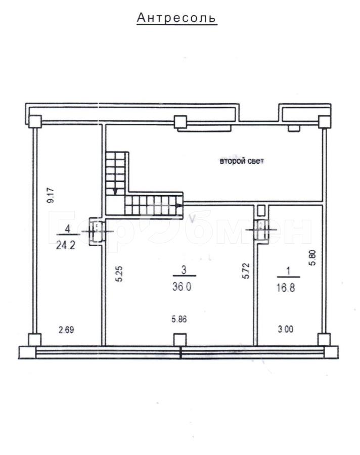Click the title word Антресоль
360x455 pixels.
pyautogui.click(x=177, y=18)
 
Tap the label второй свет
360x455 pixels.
pyautogui.click(x=242, y=161)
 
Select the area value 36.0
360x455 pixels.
pyautogui.click(x=182, y=287)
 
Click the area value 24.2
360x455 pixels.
pyautogui.click(x=66, y=245)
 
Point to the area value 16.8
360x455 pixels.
pyautogui.click(x=286, y=288)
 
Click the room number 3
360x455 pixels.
pyautogui.click(x=184, y=270)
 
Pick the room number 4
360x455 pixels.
pyautogui.click(x=67, y=229)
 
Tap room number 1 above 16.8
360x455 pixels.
pyautogui.click(x=288, y=271)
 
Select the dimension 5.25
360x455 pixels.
pyautogui.click(x=119, y=274)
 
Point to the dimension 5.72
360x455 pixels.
pyautogui.click(x=246, y=271)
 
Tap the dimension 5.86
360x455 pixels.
pyautogui.click(x=179, y=319)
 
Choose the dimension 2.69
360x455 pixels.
pyautogui.click(x=66, y=330)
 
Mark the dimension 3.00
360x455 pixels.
pyautogui.click(x=286, y=329)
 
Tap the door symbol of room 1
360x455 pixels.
pyautogui.click(x=261, y=230)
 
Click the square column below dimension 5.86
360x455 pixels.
pyautogui.click(x=179, y=339)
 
